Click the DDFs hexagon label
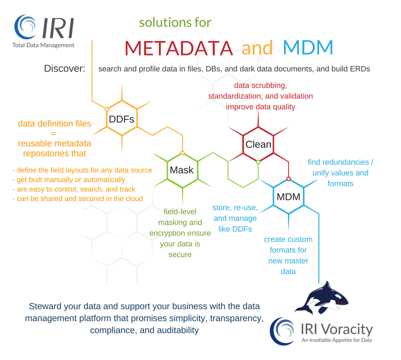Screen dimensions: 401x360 click(121, 119)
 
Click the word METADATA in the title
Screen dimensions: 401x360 click(179, 48)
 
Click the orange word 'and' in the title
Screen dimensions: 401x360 click(257, 48)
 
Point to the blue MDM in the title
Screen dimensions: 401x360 click(308, 47)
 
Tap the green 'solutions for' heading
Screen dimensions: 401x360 click(175, 23)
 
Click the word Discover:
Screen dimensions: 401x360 click(65, 68)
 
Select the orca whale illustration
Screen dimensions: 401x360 click(321, 298)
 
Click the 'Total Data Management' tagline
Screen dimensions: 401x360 click(43, 45)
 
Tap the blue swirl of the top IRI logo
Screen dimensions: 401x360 click(25, 26)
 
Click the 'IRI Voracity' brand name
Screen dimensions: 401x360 click(337, 329)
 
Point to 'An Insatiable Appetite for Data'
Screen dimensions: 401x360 click(337, 340)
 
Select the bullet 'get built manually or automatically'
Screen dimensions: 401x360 click(69, 180)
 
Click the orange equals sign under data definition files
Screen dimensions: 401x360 click(53, 134)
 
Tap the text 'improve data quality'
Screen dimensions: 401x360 click(260, 107)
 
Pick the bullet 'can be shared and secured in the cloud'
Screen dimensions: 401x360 click(78, 199)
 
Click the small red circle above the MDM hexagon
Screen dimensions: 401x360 click(288, 179)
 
